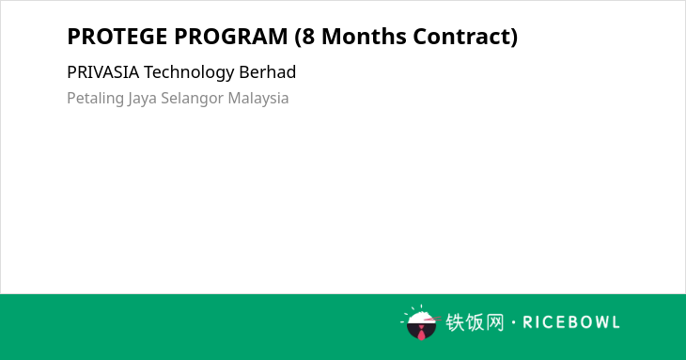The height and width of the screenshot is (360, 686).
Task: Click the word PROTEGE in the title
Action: point(117,37)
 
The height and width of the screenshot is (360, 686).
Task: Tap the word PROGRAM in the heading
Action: point(231,37)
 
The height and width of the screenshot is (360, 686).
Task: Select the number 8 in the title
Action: point(308,37)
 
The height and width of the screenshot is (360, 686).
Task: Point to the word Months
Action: point(364,37)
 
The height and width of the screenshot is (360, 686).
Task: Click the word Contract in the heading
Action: point(460,37)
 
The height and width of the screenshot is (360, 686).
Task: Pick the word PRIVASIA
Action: point(103,72)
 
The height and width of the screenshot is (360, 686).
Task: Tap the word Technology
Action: point(189,72)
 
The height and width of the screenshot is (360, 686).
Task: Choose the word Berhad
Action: point(267,72)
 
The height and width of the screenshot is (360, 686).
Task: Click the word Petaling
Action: point(95,99)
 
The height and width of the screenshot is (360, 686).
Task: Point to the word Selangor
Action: point(193,99)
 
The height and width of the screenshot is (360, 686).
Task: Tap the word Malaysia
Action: point(258,99)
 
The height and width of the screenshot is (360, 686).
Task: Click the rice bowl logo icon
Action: point(420,322)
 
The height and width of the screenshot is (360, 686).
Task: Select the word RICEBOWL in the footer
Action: point(571,322)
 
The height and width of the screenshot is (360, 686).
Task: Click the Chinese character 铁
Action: point(455,322)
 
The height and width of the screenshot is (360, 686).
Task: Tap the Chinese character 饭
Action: point(475,322)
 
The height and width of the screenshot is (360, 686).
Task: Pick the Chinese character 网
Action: point(494,322)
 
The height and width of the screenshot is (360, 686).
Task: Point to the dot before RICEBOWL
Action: point(513,322)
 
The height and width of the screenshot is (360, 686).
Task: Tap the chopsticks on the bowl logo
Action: point(432,319)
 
